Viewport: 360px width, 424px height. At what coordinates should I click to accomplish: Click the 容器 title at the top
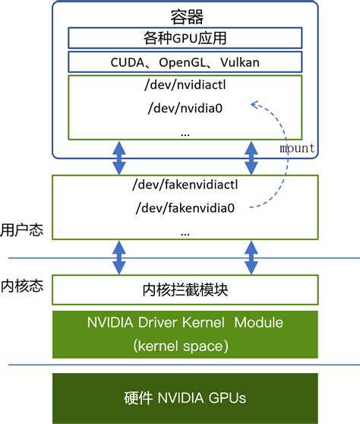coord(185,15)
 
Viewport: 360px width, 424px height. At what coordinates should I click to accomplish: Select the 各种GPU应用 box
coord(185,38)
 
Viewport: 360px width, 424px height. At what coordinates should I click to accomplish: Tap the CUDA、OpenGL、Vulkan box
coord(185,62)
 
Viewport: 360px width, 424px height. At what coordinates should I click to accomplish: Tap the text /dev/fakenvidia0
coord(185,207)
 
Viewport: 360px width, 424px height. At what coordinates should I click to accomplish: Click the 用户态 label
coord(21,229)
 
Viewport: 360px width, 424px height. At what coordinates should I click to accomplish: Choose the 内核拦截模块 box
coord(185,290)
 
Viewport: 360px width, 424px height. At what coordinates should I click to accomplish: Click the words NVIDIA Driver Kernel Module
coord(185,323)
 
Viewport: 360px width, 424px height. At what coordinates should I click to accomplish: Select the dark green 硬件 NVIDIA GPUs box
coord(185,397)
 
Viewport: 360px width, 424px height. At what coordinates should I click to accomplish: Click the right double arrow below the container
coord(251,158)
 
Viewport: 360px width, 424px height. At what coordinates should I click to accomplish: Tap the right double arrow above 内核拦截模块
coord(251,257)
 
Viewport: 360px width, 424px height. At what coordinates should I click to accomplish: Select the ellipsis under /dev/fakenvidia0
coord(185,231)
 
